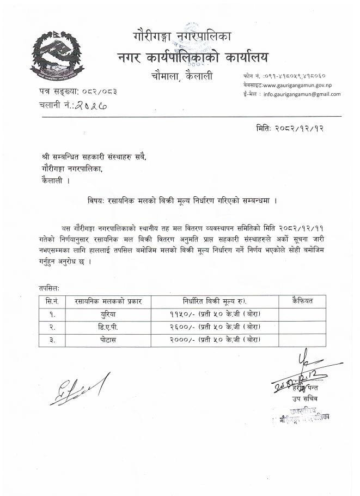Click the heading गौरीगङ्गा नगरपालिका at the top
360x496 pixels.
pyautogui.click(x=182, y=37)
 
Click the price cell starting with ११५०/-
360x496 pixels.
pyautogui.click(x=214, y=314)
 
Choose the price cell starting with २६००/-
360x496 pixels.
pyautogui.click(x=214, y=326)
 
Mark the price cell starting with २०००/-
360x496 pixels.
pyautogui.click(x=214, y=339)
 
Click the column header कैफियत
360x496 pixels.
pyautogui.click(x=302, y=301)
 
